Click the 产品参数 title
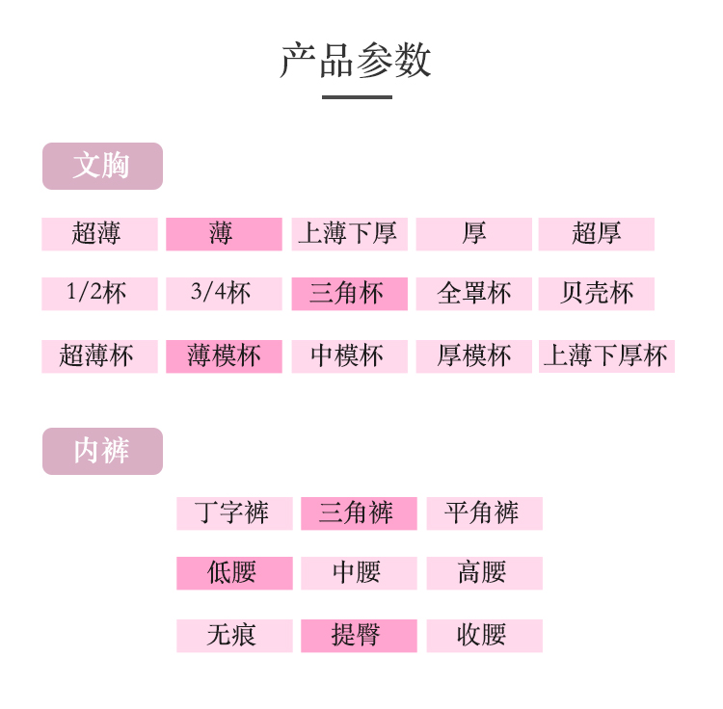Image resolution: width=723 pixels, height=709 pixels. tap(356, 60)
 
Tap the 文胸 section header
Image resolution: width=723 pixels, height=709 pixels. tap(102, 166)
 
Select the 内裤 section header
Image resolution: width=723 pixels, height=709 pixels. tap(102, 451)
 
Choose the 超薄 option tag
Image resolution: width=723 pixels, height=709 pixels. tap(99, 234)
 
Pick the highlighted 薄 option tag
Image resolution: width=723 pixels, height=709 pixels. tap(224, 234)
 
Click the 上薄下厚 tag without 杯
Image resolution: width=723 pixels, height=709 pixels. tap(349, 234)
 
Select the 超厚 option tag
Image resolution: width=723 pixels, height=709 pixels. tap(597, 234)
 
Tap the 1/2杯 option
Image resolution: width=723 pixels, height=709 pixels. tap(99, 294)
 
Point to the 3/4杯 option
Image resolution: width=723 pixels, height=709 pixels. tap(224, 294)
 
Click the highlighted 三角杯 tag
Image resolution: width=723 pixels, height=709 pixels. tap(349, 294)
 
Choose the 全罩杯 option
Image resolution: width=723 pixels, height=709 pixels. tap(473, 294)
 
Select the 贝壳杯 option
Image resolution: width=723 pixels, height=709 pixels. tap(597, 294)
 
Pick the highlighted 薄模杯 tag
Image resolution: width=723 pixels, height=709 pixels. tap(224, 356)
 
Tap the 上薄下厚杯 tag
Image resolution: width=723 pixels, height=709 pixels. tap(606, 356)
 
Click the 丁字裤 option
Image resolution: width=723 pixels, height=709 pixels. tap(234, 513)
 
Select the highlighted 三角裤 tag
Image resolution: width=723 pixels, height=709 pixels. tap(359, 513)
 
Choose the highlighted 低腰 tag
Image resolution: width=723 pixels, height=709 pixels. tap(234, 573)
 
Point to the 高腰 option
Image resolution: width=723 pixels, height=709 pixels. tap(484, 573)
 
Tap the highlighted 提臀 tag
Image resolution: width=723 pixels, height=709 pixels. tap(359, 636)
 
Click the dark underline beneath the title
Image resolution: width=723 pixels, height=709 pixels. tap(357, 96)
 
